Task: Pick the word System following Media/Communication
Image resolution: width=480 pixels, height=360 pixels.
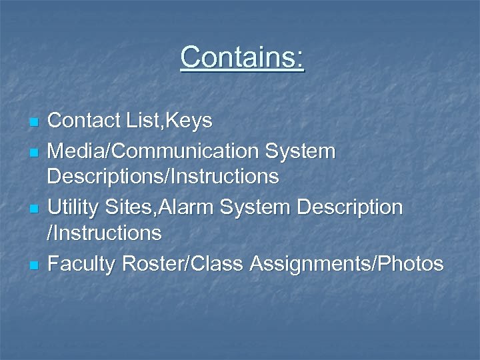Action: [x=301, y=151]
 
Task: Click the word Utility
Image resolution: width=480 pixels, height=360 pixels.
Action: [x=73, y=207]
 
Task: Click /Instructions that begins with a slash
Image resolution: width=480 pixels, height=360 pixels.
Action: [x=105, y=233]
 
